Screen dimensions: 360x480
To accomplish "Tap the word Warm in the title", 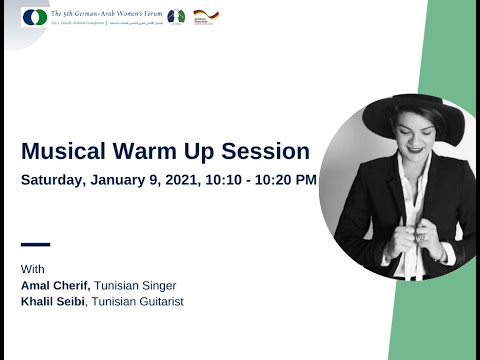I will pyautogui.click(x=149, y=152).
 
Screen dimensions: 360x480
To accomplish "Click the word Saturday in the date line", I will pyautogui.click(x=58, y=181).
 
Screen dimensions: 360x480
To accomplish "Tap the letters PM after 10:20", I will pyautogui.click(x=306, y=181).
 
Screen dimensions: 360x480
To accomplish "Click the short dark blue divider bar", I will pyautogui.click(x=35, y=243).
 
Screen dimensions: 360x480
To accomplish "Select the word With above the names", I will pyautogui.click(x=33, y=269).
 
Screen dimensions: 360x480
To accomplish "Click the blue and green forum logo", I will pyautogui.click(x=33, y=17).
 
